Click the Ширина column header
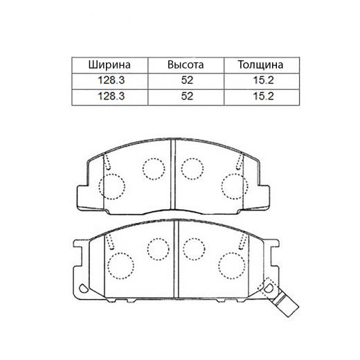pyautogui.click(x=109, y=65)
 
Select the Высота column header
pyautogui.click(x=186, y=65)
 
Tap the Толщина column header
pyautogui.click(x=260, y=65)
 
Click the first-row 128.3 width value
pyautogui.click(x=111, y=80)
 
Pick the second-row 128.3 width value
pyautogui.click(x=111, y=96)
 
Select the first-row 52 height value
pyautogui.click(x=187, y=80)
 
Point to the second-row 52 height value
pyautogui.click(x=187, y=96)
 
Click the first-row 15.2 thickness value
pyautogui.click(x=263, y=80)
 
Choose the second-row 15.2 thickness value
pyautogui.click(x=263, y=96)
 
